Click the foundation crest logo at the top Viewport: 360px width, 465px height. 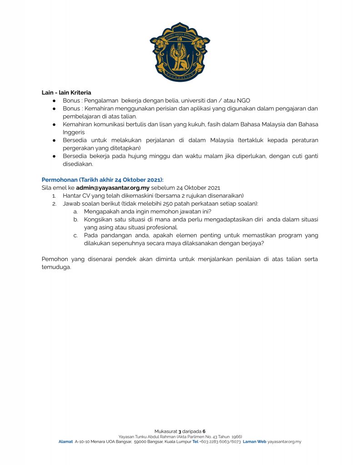pyautogui.click(x=180, y=51)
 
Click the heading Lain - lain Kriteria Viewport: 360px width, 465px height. pyautogui.click(x=66, y=93)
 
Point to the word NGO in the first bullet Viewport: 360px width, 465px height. pyautogui.click(x=244, y=100)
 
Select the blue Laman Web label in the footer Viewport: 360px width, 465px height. pyautogui.click(x=255, y=441)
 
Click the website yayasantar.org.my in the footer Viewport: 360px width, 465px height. pyautogui.click(x=284, y=441)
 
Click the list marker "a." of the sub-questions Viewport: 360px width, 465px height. pyautogui.click(x=75, y=212)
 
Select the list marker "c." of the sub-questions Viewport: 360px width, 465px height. pyautogui.click(x=75, y=235)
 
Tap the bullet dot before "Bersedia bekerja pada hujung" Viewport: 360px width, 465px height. pyautogui.click(x=54, y=156)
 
